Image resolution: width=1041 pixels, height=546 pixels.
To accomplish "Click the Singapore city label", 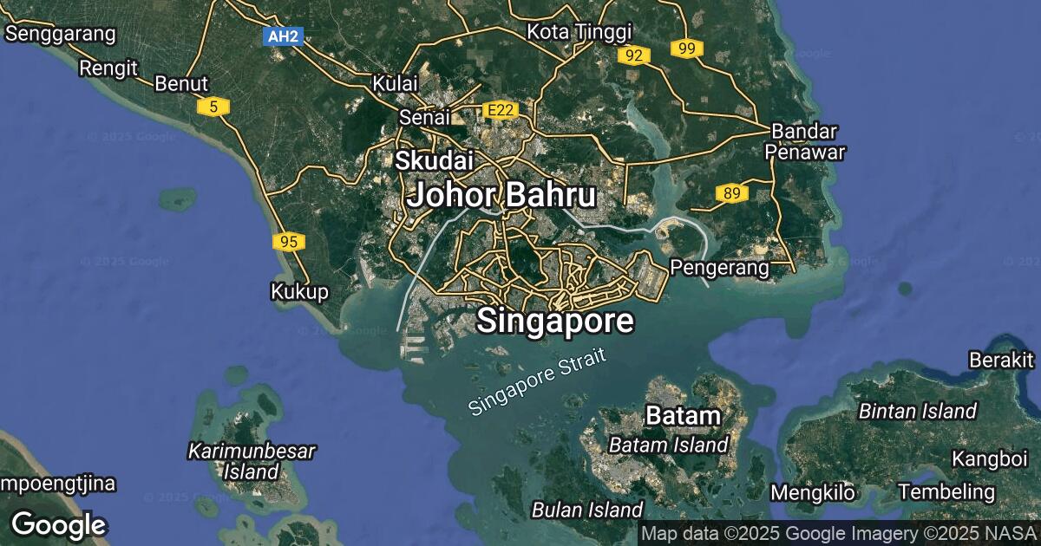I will coord(555,322).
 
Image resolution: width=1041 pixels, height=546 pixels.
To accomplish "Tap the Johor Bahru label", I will coord(501,195).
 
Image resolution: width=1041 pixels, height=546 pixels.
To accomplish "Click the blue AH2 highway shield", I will coord(283,36).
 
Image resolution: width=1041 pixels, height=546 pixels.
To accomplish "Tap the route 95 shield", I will coord(288,242).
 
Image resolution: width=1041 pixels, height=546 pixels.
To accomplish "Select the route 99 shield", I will coord(686,49).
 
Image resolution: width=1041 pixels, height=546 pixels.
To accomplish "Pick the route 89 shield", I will coord(731,193).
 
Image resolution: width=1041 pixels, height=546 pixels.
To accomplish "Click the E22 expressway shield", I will coord(500,110).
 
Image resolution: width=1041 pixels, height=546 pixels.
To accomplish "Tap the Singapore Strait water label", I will coord(535,382).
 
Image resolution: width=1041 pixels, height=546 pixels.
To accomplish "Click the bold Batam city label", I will coord(683,416).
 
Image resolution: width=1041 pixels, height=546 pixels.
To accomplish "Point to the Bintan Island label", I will coord(918,411).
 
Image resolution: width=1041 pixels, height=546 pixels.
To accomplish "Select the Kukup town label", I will coord(300,291).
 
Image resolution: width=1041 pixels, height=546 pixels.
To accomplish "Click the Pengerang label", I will coord(720,268).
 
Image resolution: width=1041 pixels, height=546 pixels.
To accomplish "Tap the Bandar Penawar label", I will coord(804,142).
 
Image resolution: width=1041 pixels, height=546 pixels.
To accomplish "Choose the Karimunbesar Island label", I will coord(252,461).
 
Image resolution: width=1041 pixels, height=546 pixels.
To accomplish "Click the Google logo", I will coord(58,524).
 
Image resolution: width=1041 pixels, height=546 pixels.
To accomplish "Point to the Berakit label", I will coord(1002,359).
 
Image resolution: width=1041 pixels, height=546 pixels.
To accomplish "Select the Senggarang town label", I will coord(61,34).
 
